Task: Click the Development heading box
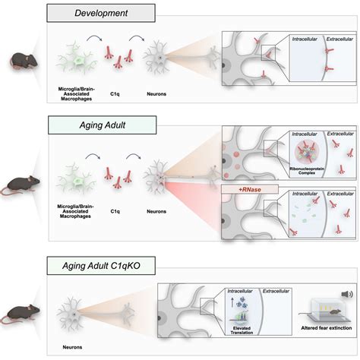pyautogui.click(x=111, y=13)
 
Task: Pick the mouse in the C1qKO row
pyautogui.click(x=21, y=312)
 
